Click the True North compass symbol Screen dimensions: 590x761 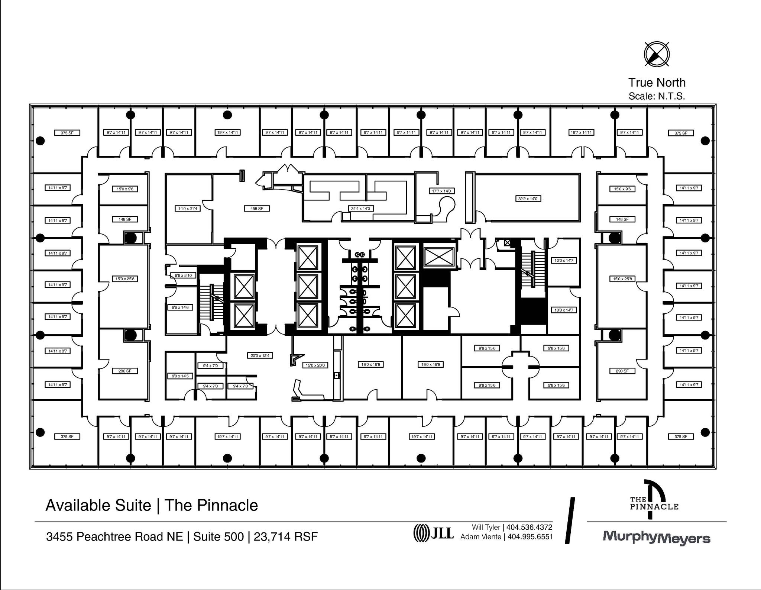coord(657,54)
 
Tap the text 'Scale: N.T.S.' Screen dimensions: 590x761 coord(657,96)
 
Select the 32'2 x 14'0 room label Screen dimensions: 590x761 coord(528,199)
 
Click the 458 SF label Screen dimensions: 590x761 coord(256,209)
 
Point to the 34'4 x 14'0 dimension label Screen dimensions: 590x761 coord(360,209)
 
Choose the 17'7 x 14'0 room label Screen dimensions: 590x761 coord(441,191)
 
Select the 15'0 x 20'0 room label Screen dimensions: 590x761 coord(315,365)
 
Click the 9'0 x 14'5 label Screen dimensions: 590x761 coord(180,376)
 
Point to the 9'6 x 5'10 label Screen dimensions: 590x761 coord(183,275)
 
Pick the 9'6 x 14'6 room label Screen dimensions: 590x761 coord(180,307)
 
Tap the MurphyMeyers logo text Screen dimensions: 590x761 coord(656,537)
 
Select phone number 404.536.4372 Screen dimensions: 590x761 coord(529,527)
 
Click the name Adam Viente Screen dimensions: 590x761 coord(480,537)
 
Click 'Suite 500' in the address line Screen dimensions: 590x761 coord(218,537)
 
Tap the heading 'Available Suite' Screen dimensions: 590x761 coord(98,506)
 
